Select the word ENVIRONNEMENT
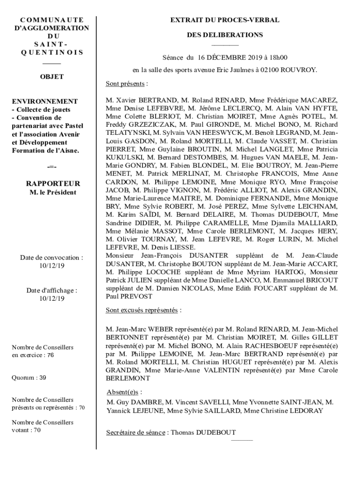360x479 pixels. click(45, 101)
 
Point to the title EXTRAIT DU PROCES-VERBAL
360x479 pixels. click(225, 20)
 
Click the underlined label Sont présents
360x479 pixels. click(125, 84)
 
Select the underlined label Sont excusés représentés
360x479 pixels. click(142, 310)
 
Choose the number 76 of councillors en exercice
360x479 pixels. click(50, 355)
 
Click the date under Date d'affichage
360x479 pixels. click(52, 298)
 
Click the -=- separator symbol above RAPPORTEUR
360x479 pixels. click(52, 167)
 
